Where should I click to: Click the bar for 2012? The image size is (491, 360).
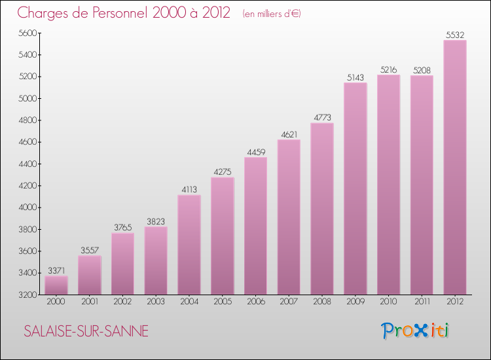pyautogui.click(x=455, y=167)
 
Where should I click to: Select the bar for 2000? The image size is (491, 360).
pyautogui.click(x=56, y=285)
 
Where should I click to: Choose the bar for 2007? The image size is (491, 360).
pyautogui.click(x=289, y=217)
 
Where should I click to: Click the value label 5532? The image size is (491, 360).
pyautogui.click(x=455, y=34)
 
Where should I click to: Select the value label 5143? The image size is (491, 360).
pyautogui.click(x=355, y=77)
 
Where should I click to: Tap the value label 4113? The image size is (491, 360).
pyautogui.click(x=189, y=189)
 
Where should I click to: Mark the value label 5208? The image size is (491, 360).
pyautogui.click(x=422, y=69)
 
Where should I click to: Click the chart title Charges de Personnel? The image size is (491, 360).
pyautogui.click(x=124, y=12)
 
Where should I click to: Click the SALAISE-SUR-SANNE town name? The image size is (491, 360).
pyautogui.click(x=86, y=331)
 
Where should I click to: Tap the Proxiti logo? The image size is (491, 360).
pyautogui.click(x=416, y=331)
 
